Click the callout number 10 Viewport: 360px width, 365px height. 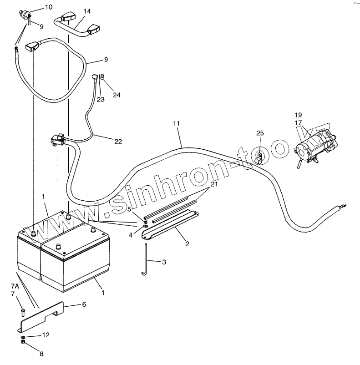click(49, 7)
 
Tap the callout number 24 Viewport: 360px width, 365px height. click(117, 95)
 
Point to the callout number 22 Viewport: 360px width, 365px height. click(118, 142)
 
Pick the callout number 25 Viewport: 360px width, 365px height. click(260, 133)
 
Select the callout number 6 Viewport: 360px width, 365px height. click(83, 304)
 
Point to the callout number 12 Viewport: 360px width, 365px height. click(46, 335)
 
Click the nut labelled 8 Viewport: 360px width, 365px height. click(23, 342)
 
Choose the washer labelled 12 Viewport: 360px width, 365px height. click(23, 337)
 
